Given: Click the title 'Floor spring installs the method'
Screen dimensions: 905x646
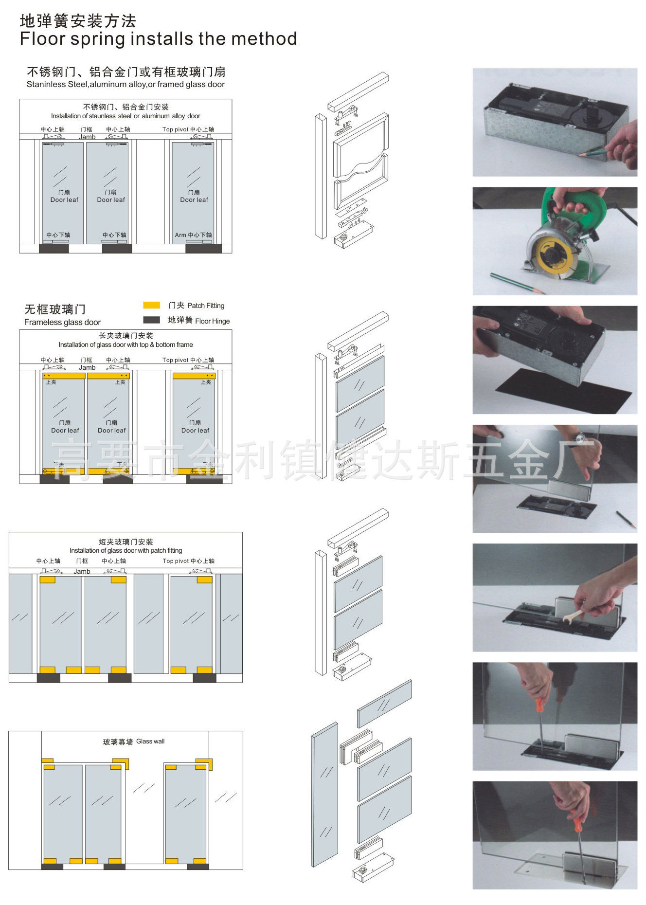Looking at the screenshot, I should pyautogui.click(x=158, y=39).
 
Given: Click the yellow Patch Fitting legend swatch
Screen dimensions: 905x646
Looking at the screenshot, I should pyautogui.click(x=151, y=305).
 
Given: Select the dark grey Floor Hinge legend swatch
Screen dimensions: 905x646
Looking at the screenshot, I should pyautogui.click(x=151, y=320).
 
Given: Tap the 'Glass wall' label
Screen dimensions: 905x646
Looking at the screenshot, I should pyautogui.click(x=150, y=741).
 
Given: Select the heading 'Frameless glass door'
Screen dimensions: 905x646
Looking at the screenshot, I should pyautogui.click(x=62, y=322).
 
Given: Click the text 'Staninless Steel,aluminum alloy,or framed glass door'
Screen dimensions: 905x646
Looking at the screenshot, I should pyautogui.click(x=126, y=85).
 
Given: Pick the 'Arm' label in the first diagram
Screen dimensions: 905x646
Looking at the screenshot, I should pyautogui.click(x=180, y=235).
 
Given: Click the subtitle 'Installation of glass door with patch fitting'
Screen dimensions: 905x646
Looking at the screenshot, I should pyautogui.click(x=126, y=550).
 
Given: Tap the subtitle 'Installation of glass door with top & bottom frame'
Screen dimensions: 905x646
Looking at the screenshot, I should pyautogui.click(x=126, y=344).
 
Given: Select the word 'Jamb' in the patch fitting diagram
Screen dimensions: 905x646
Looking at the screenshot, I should pyautogui.click(x=82, y=571).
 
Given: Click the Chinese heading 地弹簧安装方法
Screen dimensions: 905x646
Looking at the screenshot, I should pyautogui.click(x=78, y=21).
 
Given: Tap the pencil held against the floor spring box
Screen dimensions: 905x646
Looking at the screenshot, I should pyautogui.click(x=593, y=153).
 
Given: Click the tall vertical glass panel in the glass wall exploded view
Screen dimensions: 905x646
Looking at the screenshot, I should pyautogui.click(x=324, y=794).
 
